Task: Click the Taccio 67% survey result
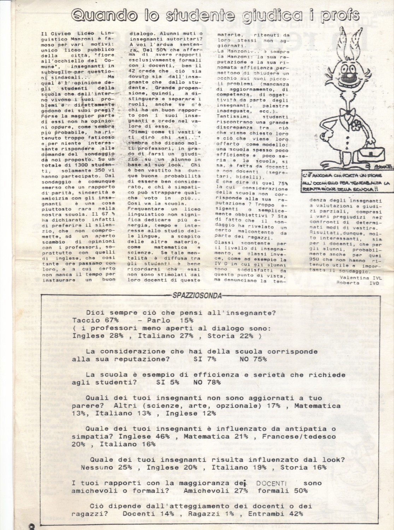[95, 320]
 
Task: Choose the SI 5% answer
[167, 382]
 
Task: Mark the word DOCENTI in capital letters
[271, 483]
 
